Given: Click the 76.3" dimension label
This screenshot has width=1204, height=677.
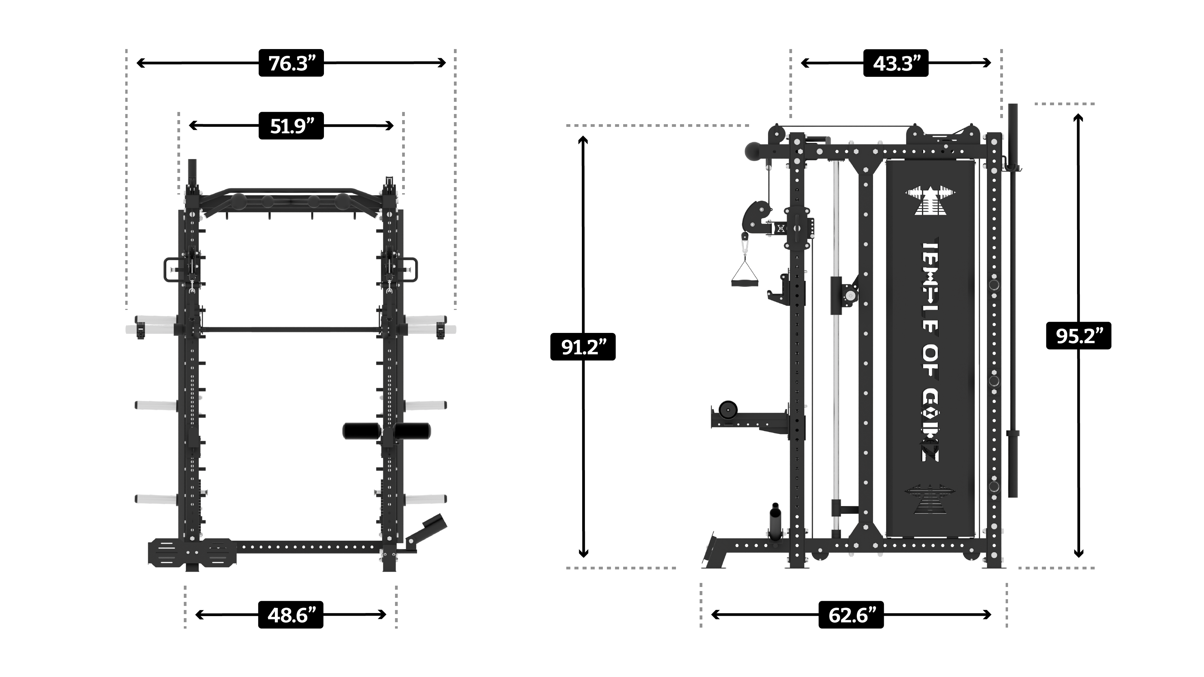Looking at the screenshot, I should click(291, 63).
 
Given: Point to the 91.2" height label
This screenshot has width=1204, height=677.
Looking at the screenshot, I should click(583, 347).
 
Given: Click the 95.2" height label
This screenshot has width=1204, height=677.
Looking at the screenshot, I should click(1078, 336).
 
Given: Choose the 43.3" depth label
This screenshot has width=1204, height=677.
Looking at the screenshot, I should click(896, 63).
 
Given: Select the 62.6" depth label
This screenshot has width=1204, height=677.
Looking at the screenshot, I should click(851, 615).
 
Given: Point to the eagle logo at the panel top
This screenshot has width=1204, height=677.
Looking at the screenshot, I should click(930, 201).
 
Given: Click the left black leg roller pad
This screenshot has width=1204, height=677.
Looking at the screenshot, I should click(361, 431).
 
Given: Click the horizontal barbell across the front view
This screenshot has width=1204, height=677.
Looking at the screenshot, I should click(291, 330).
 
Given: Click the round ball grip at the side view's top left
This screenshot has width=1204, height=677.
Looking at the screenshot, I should click(755, 152).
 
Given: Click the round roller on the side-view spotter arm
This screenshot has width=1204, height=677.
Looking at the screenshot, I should click(728, 410).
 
